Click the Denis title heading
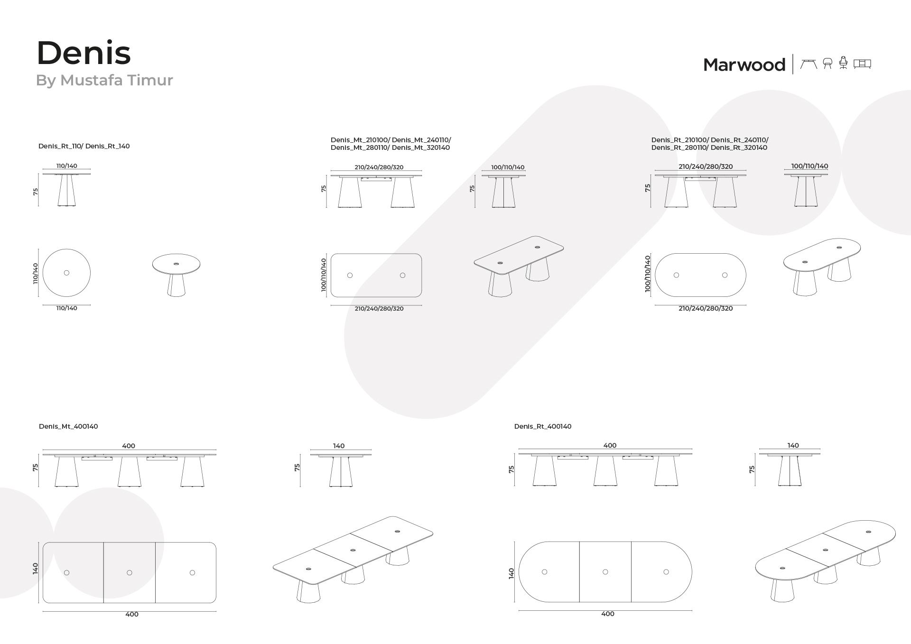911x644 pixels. coord(84,53)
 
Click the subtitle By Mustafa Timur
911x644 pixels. coord(104,80)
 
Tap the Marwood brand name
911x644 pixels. coord(744,64)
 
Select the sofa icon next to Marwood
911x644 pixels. coord(862,64)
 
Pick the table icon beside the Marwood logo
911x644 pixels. coord(809,64)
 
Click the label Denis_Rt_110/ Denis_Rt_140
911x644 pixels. coord(84,146)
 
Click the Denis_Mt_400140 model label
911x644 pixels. coord(68,426)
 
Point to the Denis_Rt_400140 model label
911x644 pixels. coord(543,426)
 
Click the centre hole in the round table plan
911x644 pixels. coord(66,273)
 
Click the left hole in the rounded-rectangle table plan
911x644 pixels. coord(350,275)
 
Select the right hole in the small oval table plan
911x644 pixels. coord(725,275)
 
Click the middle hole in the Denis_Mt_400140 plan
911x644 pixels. coord(130,573)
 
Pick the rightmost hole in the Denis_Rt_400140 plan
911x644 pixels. coord(666,572)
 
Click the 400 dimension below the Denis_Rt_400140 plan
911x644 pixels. coord(608,614)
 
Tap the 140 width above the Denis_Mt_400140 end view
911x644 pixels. coord(339,446)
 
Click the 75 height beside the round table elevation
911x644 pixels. coord(36,192)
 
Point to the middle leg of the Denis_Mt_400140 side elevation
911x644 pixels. coord(130,472)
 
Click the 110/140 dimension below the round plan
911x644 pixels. coord(67,308)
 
